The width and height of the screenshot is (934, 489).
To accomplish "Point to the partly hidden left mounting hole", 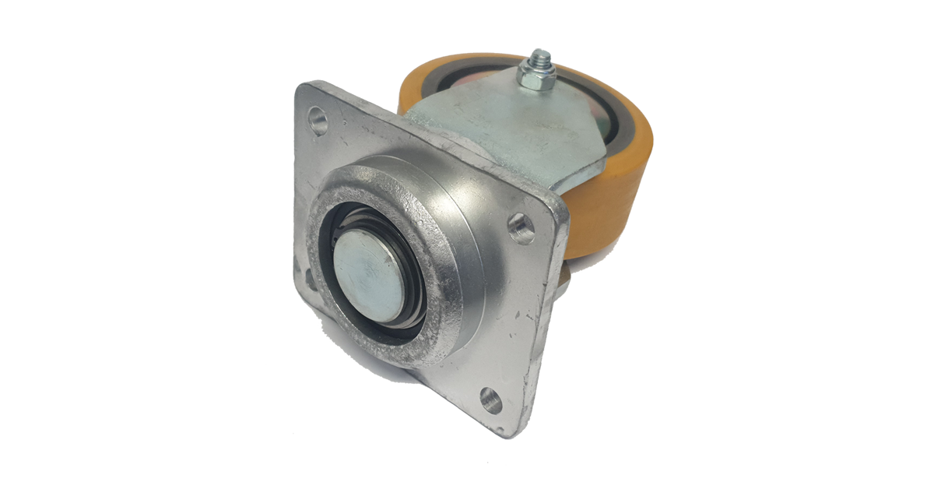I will click(310, 278).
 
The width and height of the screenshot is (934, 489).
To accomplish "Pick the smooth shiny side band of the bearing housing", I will click(475, 234).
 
